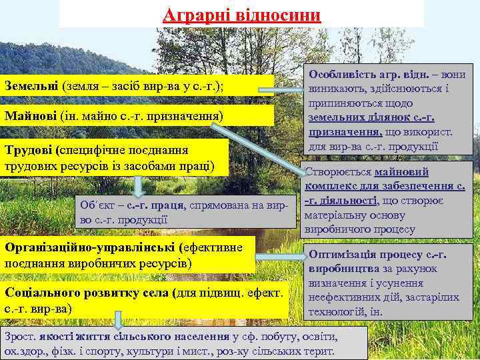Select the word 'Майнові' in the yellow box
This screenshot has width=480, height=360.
29,116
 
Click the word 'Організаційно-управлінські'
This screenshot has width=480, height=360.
90,247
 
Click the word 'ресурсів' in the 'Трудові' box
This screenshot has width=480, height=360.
80,165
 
